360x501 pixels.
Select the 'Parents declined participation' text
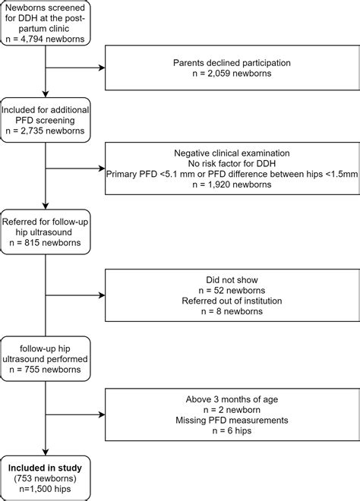coord(232,62)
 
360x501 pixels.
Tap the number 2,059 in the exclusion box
coord(219,73)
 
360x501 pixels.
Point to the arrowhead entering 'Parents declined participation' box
coord(103,68)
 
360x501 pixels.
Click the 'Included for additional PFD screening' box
coord(46,120)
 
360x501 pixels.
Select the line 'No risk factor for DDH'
coord(232,164)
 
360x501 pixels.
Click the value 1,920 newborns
coord(232,184)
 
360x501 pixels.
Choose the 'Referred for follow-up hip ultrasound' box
coord(46,232)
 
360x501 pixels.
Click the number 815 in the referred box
coord(32,242)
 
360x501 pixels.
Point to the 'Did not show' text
coord(232,280)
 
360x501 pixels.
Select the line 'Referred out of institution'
coord(232,301)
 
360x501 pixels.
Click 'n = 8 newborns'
coord(232,311)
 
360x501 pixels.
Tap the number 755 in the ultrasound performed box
coord(32,370)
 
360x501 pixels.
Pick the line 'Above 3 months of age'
coord(232,399)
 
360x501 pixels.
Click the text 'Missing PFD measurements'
coord(232,421)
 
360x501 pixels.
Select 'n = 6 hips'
coord(232,430)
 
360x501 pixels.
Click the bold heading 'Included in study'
coord(45,468)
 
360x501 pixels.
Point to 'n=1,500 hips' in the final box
coord(45,489)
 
